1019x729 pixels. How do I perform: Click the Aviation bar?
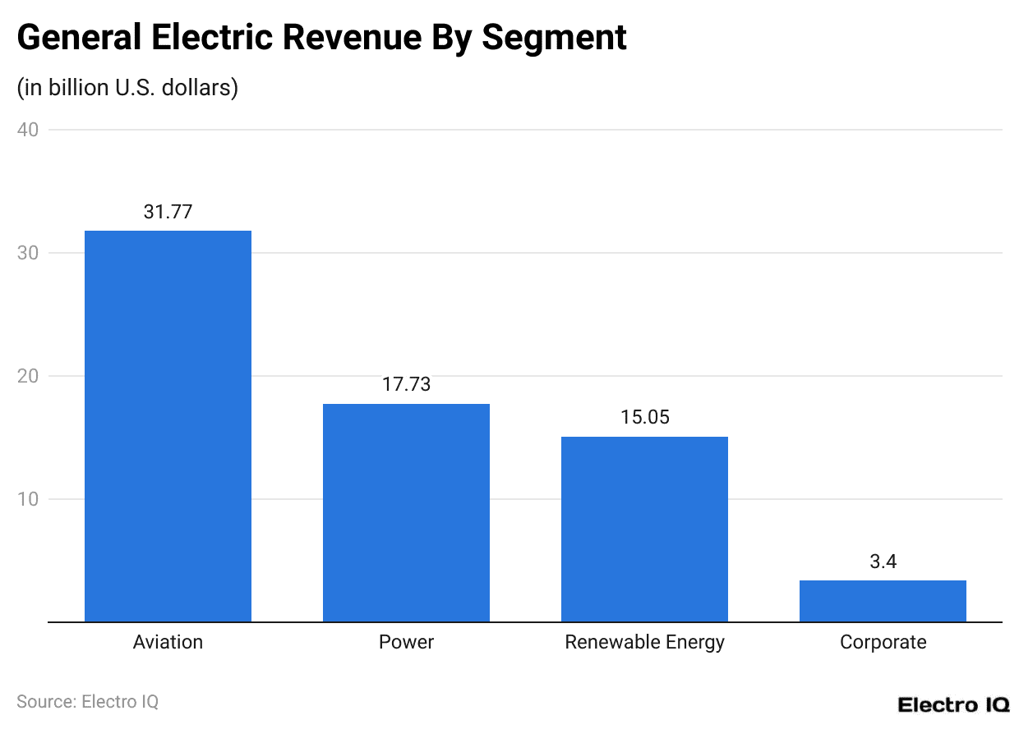(x=168, y=426)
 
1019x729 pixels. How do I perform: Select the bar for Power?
(x=406, y=512)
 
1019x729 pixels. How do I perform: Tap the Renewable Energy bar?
(x=644, y=529)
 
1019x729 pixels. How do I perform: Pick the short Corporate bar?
(x=883, y=601)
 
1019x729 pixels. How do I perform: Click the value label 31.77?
(x=168, y=212)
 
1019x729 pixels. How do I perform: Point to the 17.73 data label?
(x=406, y=384)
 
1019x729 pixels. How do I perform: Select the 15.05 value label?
(x=644, y=417)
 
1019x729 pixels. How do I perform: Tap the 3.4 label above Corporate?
(x=883, y=562)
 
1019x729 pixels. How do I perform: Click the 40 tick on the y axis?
(x=27, y=130)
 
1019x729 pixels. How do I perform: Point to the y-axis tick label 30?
(x=27, y=253)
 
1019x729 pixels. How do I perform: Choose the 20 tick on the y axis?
(x=27, y=376)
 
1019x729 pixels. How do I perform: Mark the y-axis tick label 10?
(x=27, y=499)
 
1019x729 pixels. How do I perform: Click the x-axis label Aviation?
(x=168, y=642)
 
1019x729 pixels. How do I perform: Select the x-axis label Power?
(x=406, y=642)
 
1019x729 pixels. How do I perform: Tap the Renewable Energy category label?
(x=644, y=642)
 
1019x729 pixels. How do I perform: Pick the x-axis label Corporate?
(x=883, y=642)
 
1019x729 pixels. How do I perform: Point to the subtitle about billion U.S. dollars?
(x=127, y=87)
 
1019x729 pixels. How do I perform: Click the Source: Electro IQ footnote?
(x=87, y=702)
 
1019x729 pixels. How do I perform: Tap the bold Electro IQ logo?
(x=953, y=704)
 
